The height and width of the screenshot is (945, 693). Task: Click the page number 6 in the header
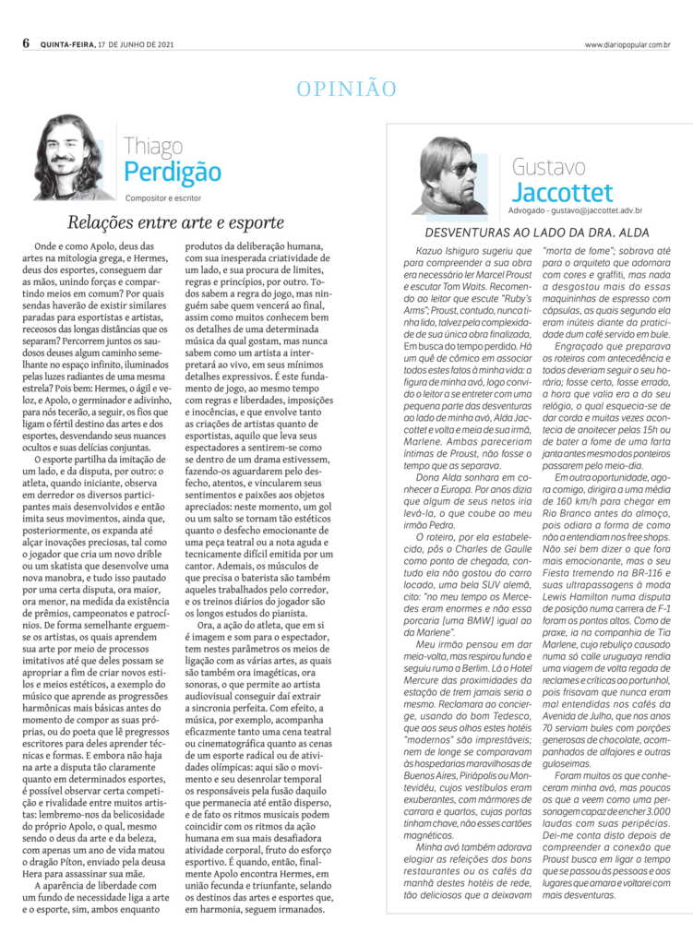(27, 43)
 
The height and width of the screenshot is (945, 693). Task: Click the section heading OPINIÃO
(346, 89)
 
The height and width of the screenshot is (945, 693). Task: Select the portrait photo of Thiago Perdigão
(72, 157)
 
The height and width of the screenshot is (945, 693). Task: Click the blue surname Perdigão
(173, 173)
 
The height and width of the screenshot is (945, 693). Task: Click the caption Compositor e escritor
(164, 197)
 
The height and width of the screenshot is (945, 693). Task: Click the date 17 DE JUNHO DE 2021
(137, 44)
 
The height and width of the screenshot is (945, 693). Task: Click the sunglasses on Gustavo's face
(461, 170)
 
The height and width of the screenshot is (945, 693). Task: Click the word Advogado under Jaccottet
(533, 210)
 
